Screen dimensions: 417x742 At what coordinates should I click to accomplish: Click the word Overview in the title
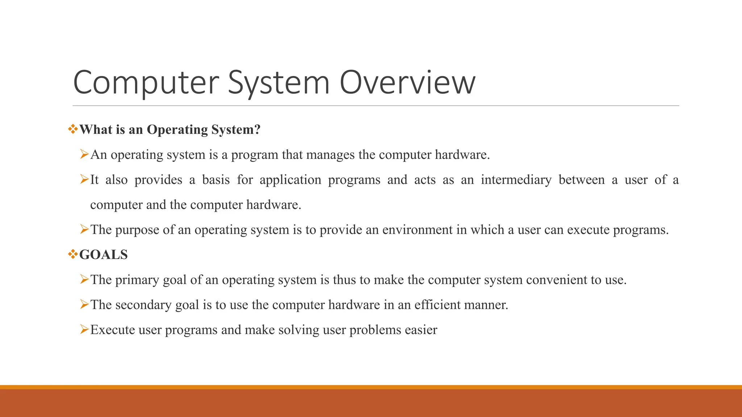[407, 83]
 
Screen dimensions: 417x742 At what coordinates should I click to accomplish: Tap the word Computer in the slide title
[146, 83]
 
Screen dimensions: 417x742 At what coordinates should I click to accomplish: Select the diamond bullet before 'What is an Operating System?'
[73, 129]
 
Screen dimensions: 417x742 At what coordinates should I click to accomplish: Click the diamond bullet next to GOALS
[73, 254]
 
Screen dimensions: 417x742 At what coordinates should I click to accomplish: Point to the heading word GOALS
[104, 255]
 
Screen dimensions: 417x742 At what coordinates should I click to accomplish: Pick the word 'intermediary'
[516, 180]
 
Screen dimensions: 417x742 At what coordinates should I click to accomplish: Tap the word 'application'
[290, 180]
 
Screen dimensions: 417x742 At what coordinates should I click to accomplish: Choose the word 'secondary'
[143, 305]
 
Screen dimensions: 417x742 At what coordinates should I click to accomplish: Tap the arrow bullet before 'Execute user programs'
[84, 329]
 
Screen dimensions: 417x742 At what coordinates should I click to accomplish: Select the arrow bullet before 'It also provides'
[84, 179]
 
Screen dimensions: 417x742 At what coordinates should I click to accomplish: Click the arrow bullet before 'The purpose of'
[84, 229]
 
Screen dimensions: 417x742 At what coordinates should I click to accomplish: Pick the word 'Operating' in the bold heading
[177, 130]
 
